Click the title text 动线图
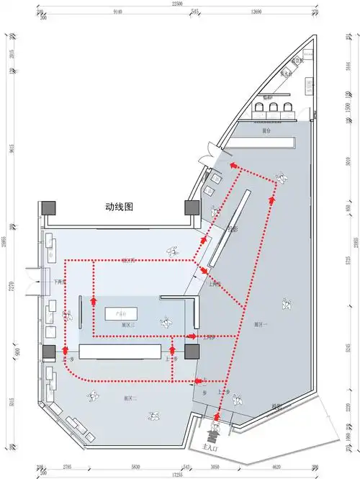[x=120, y=206]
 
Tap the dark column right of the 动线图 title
[x=192, y=207]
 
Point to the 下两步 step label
[x=60, y=283]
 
